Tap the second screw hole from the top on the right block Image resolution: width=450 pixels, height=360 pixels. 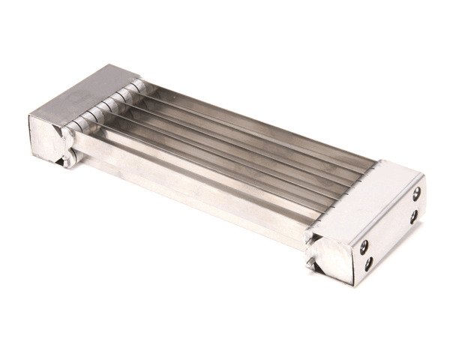(x=412, y=217)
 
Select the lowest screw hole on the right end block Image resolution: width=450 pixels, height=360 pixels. (x=368, y=263)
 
